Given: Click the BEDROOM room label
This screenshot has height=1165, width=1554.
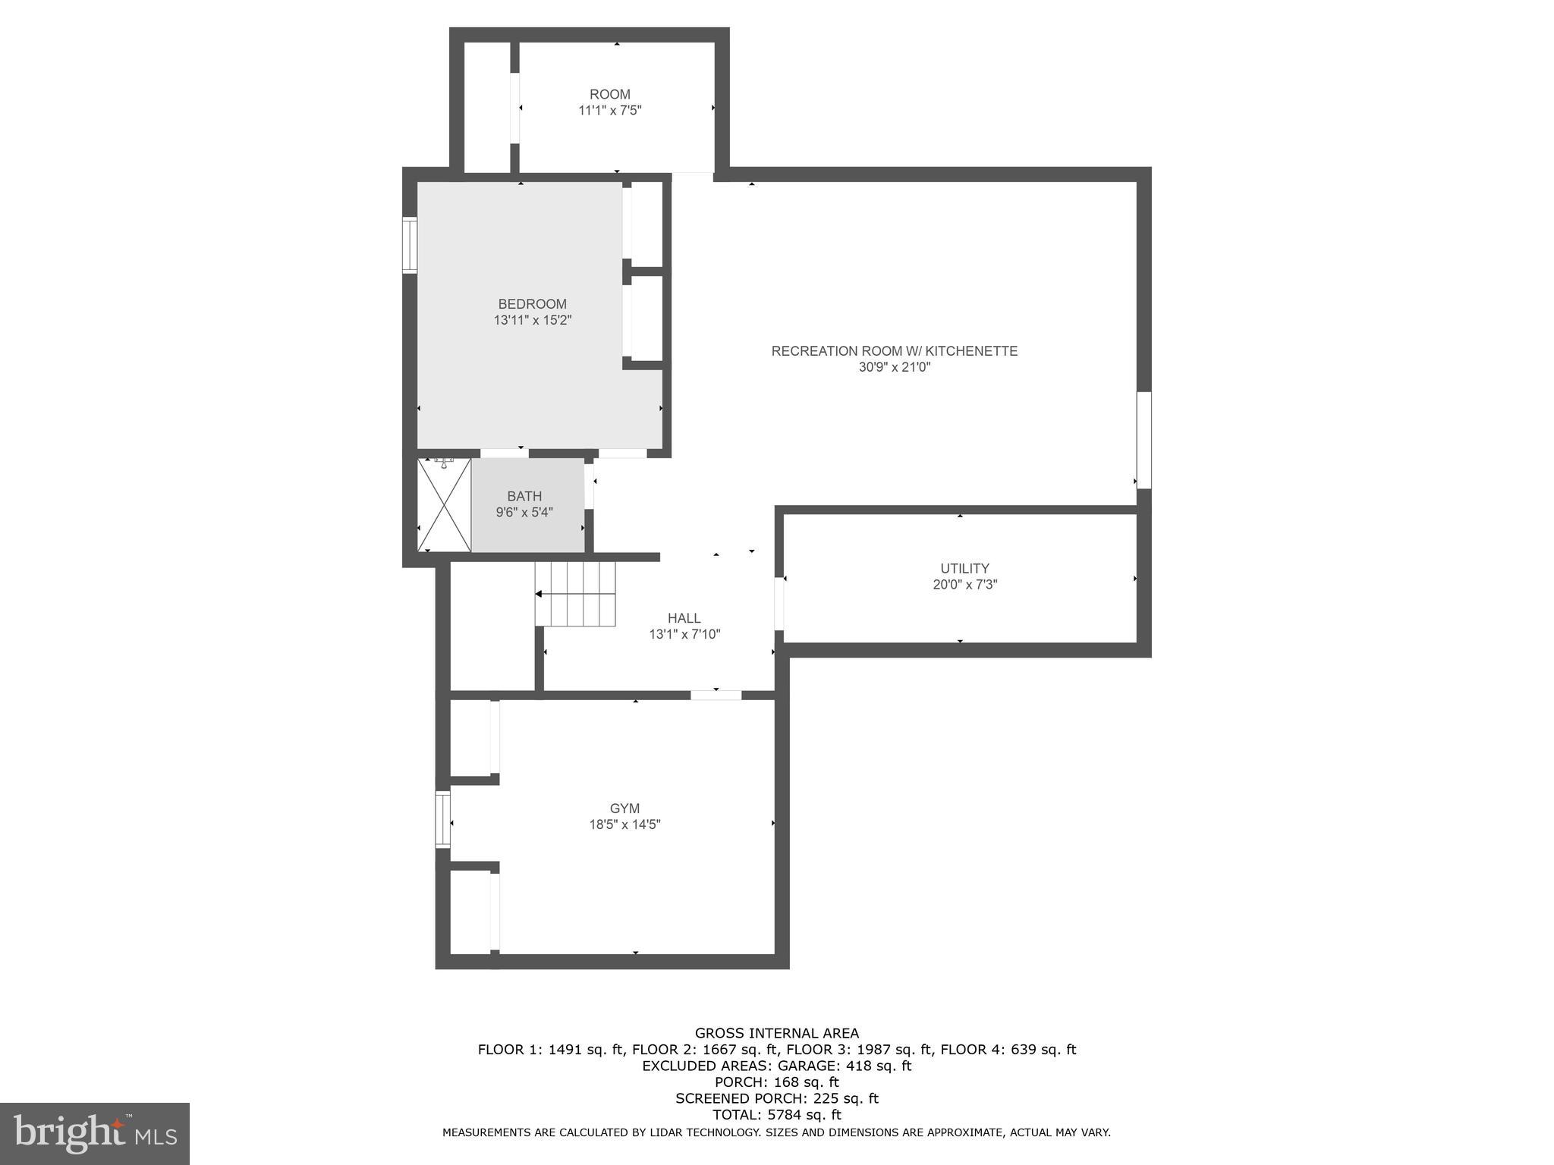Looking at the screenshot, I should (x=532, y=304).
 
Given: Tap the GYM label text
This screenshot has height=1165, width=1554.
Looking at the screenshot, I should (x=624, y=809).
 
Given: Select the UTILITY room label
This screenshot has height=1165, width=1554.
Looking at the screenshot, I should (x=964, y=568).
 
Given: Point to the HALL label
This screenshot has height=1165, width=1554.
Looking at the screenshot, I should (x=684, y=618).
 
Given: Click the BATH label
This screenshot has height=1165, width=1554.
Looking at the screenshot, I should (x=524, y=496).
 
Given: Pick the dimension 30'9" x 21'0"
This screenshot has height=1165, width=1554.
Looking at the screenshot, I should (x=893, y=367).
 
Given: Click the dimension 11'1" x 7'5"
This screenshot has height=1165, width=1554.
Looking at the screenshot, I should (x=610, y=111).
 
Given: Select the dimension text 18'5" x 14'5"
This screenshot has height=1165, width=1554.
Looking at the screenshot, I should (x=624, y=824).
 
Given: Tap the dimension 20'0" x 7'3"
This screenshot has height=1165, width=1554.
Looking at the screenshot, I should (x=964, y=585).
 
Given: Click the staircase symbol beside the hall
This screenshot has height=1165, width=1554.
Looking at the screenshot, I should (x=574, y=594).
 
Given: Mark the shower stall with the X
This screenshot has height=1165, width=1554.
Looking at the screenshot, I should (x=444, y=505).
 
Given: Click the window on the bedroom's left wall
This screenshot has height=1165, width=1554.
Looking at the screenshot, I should (x=410, y=245).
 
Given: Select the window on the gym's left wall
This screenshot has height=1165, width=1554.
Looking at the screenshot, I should (x=442, y=819).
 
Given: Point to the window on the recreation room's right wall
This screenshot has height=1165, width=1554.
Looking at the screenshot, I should (x=1143, y=440).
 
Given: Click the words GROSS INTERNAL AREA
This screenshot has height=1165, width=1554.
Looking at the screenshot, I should (x=776, y=1033).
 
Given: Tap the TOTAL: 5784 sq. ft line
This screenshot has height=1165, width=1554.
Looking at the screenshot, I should (x=776, y=1115).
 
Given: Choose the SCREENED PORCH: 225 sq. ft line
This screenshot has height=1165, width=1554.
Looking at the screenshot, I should (x=776, y=1098).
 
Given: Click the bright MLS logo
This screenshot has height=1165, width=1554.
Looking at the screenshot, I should (x=94, y=1133).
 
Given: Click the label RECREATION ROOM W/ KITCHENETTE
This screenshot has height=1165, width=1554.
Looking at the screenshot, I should (x=894, y=351).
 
